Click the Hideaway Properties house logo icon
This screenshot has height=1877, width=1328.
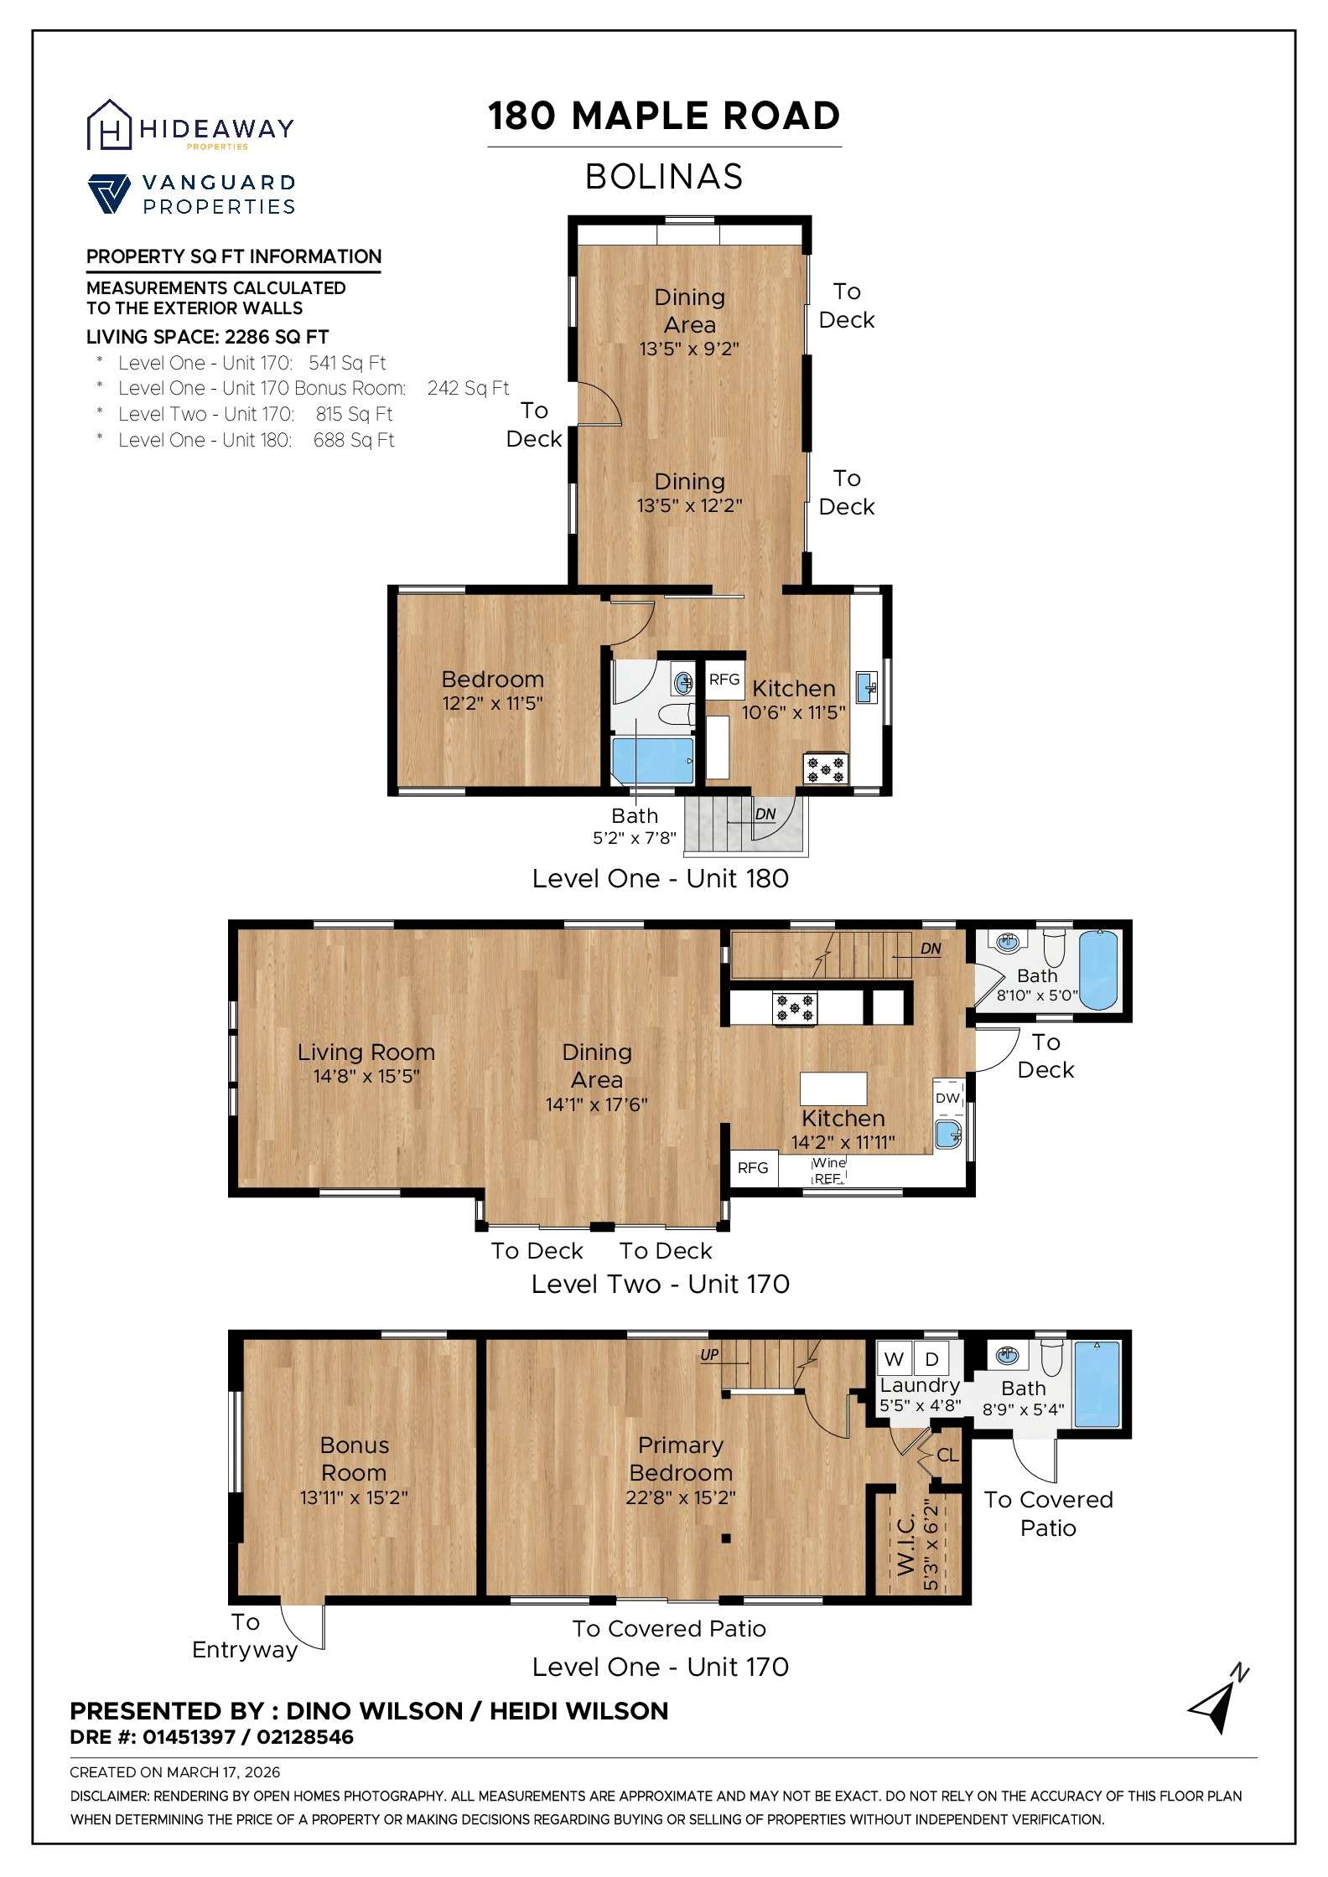click(x=110, y=126)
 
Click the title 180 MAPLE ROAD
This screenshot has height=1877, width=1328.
click(x=664, y=116)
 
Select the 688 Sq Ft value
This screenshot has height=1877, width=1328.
click(x=353, y=441)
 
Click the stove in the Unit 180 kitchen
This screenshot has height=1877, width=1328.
click(x=826, y=768)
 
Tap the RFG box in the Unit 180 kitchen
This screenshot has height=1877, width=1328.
click(x=724, y=680)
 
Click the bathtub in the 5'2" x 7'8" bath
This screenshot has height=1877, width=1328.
click(x=652, y=760)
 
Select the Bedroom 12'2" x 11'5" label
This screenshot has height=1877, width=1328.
click(x=492, y=690)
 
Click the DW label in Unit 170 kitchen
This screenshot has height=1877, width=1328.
click(x=947, y=1098)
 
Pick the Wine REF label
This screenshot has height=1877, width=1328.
click(x=828, y=1171)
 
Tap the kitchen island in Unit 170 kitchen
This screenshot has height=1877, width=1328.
click(x=833, y=1088)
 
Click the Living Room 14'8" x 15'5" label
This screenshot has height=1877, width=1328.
click(x=366, y=1063)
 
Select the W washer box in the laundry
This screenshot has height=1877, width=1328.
click(x=895, y=1359)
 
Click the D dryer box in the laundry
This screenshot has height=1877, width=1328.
click(x=931, y=1359)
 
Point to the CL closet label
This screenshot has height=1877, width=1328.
click(x=947, y=1456)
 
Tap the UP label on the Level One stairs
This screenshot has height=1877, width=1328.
click(x=709, y=1354)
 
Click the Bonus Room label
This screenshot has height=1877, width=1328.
click(x=354, y=1459)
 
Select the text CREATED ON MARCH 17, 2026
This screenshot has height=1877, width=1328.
click(x=174, y=1772)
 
